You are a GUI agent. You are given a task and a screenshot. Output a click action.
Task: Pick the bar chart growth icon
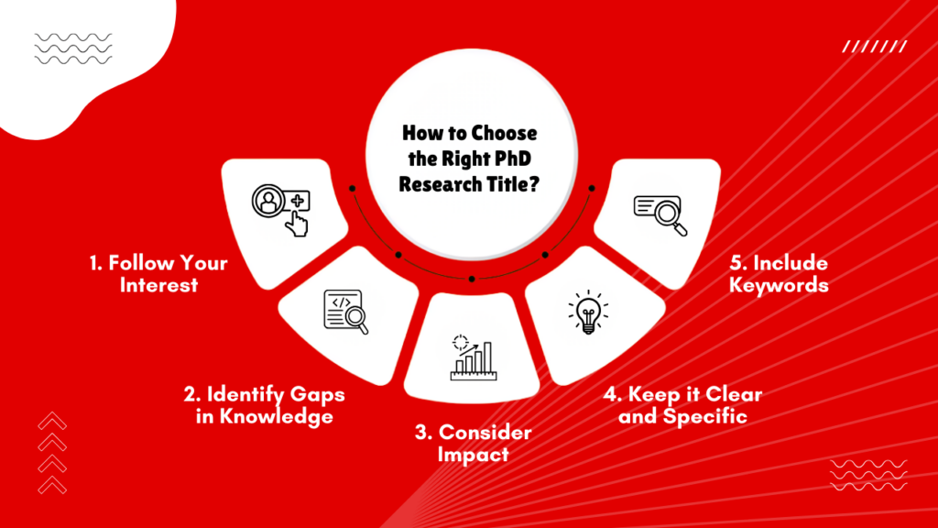point(471,357)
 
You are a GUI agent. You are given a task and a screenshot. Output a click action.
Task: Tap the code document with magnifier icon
point(345,311)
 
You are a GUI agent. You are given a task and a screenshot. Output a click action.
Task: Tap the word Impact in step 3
point(473,454)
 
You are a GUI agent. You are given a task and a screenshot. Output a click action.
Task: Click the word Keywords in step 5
point(778,285)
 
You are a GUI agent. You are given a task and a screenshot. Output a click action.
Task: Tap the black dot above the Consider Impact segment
point(471,278)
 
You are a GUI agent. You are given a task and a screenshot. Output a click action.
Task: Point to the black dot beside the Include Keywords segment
point(592,188)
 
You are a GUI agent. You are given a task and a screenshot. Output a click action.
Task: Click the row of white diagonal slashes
point(874,46)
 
